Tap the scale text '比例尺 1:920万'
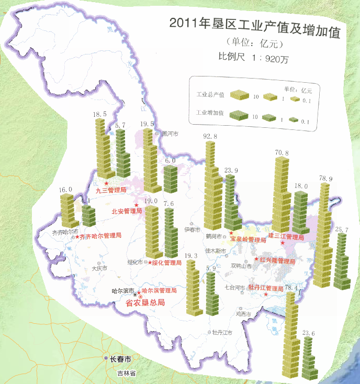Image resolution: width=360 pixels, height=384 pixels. click(253, 59)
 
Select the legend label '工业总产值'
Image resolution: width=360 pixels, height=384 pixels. click(210, 95)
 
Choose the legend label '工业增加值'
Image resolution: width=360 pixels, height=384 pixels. click(210, 113)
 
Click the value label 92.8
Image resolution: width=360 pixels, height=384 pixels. click(210, 137)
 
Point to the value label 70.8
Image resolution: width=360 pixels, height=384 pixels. click(281, 152)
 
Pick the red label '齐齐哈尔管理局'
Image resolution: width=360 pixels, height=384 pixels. click(100, 236)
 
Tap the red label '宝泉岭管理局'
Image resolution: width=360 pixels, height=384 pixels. click(249, 239)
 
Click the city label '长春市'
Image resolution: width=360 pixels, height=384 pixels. click(120, 359)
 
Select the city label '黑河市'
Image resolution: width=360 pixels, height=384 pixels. click(170, 134)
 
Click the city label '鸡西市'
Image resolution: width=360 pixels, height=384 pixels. click(244, 314)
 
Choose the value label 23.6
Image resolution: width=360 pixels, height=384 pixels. click(309, 333)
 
